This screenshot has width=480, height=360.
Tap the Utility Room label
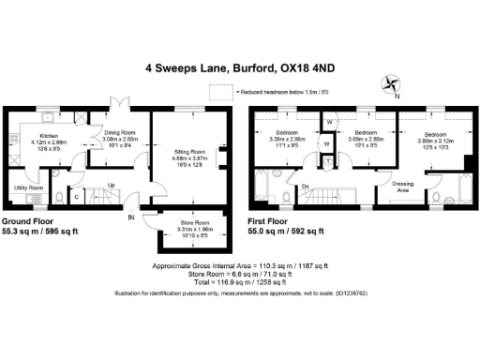(x=31, y=187)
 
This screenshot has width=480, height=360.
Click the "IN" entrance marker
(x=131, y=217)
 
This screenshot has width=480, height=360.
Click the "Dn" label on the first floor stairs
(x=306, y=187)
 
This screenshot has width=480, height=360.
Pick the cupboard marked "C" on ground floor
(x=75, y=198)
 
